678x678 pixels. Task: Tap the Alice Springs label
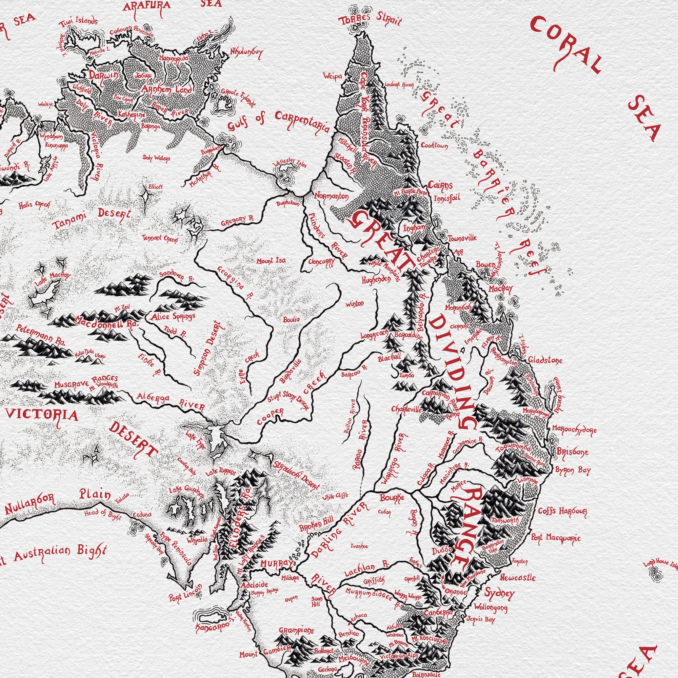pyautogui.click(x=173, y=317)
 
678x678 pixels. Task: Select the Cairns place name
pyautogui.click(x=440, y=185)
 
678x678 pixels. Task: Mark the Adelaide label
pyautogui.click(x=255, y=585)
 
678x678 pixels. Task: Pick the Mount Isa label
pyautogui.click(x=271, y=261)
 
